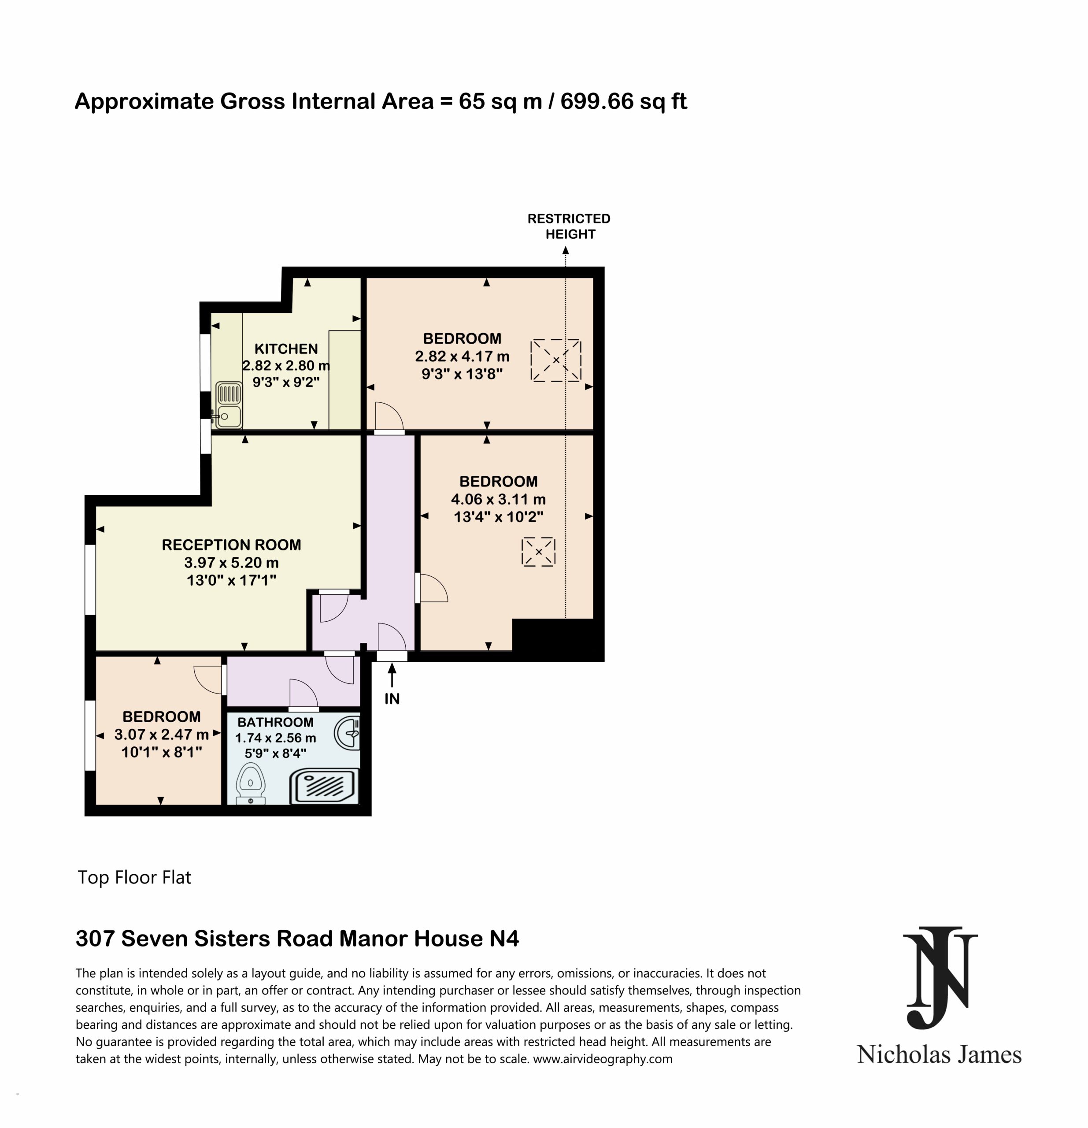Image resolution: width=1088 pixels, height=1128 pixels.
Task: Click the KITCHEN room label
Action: tap(286, 349)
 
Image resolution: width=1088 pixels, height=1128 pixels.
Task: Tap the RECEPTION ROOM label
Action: tap(231, 545)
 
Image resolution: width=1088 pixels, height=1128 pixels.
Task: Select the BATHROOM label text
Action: tap(276, 722)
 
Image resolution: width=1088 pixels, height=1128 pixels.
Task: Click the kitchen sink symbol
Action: tap(229, 405)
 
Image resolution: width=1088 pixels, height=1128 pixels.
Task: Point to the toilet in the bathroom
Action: tap(251, 783)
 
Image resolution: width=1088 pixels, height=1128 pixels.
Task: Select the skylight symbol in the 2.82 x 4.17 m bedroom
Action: tap(556, 360)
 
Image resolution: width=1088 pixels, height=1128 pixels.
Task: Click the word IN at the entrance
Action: tap(392, 699)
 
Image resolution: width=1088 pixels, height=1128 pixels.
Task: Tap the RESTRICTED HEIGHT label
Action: tap(569, 226)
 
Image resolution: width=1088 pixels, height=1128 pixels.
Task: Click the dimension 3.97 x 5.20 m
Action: tap(231, 562)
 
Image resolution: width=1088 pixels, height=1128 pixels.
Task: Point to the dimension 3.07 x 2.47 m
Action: tap(161, 735)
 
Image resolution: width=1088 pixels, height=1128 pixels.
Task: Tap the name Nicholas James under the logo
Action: tap(939, 1054)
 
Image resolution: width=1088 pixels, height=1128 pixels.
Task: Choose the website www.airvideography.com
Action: tap(603, 1059)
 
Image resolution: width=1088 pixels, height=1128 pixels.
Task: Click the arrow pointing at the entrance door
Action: tap(392, 675)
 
